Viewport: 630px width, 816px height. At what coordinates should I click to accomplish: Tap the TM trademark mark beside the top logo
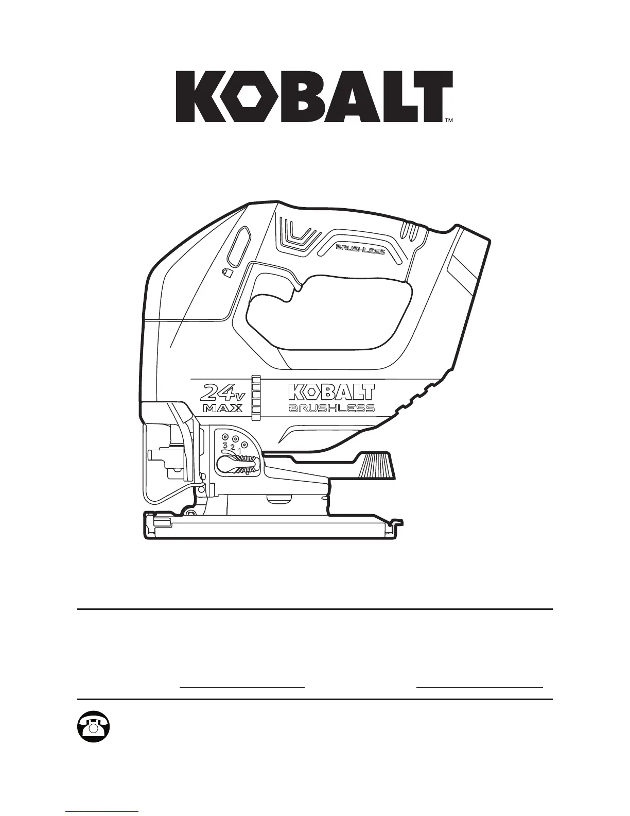click(x=448, y=121)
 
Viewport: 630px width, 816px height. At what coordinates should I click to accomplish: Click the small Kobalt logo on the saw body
click(x=330, y=392)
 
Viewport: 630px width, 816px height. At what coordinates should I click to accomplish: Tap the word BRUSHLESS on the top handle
click(x=360, y=250)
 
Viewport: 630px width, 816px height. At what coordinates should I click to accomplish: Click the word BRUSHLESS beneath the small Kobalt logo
click(x=331, y=409)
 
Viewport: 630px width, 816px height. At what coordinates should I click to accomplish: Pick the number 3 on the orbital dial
click(x=224, y=445)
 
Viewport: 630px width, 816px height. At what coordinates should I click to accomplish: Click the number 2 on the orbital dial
click(x=232, y=447)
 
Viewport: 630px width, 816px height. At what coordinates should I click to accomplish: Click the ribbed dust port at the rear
click(x=377, y=466)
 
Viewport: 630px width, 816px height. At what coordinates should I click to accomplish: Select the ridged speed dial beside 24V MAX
click(x=256, y=394)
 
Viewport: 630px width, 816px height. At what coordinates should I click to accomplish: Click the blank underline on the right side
click(x=479, y=687)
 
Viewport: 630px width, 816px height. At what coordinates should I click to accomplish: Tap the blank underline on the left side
click(x=242, y=687)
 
